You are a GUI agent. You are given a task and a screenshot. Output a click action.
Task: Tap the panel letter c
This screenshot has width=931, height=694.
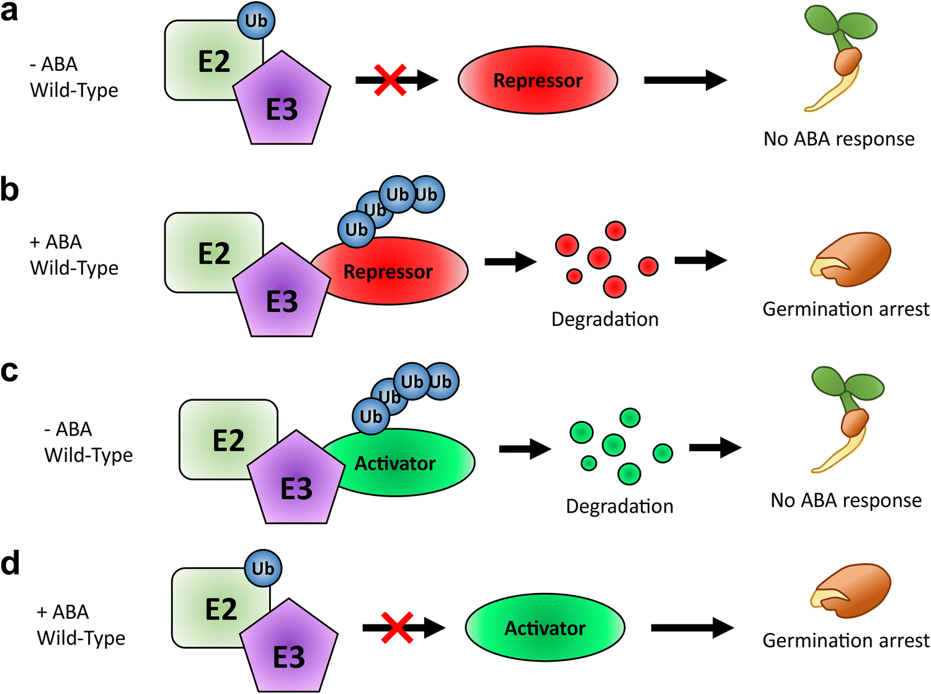[9, 371]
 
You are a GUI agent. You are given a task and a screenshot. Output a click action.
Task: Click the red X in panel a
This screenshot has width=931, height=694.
[390, 79]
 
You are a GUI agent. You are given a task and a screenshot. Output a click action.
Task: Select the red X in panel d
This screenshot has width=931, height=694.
[397, 628]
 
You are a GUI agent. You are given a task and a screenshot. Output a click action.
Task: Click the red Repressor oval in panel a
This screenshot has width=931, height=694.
[538, 80]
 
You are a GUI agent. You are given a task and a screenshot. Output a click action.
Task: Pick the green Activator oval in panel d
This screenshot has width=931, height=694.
[545, 628]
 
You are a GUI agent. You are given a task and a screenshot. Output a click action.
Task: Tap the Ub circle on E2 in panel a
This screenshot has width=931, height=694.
[256, 20]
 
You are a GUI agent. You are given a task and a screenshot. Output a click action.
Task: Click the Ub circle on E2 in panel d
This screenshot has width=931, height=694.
[263, 568]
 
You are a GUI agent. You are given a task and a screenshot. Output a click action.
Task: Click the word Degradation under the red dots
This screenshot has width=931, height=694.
[605, 319]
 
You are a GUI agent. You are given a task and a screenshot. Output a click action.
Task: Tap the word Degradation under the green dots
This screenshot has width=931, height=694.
[619, 507]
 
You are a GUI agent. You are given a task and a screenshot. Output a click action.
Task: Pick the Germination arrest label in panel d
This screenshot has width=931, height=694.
[845, 641]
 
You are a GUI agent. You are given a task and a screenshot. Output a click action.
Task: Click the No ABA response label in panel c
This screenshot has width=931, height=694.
[845, 500]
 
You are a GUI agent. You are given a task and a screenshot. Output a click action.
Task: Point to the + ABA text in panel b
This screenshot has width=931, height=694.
[56, 241]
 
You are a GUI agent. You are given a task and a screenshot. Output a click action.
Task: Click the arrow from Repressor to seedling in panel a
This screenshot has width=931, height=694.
[685, 79]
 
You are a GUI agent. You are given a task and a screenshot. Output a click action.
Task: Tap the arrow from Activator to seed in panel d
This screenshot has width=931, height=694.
[692, 628]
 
